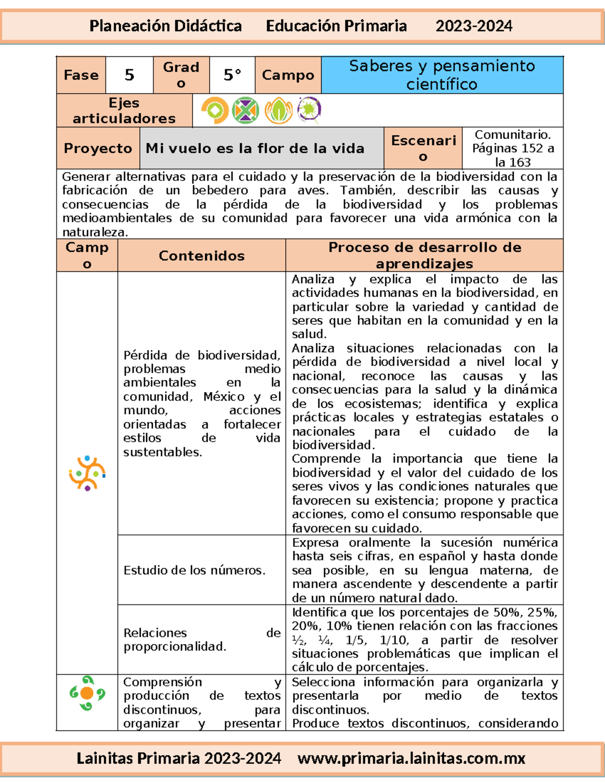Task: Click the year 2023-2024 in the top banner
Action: tap(473, 26)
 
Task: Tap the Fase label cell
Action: tap(81, 75)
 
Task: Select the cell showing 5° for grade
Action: tap(232, 75)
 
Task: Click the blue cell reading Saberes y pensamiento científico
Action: tap(442, 75)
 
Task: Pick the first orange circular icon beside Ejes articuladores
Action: tap(215, 110)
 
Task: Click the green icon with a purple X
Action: tap(246, 110)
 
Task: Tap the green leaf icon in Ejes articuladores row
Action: tap(278, 110)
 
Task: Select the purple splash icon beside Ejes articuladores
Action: tap(310, 110)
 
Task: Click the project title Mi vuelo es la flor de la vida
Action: tap(255, 148)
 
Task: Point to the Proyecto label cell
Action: tap(98, 148)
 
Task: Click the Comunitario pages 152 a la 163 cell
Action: tap(512, 148)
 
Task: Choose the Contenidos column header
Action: tap(202, 256)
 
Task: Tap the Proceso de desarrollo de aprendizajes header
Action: tap(425, 255)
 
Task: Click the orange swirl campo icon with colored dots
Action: tap(87, 473)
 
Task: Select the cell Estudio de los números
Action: tap(194, 570)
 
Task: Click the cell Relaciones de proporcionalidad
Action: tap(202, 639)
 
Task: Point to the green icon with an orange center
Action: tap(87, 693)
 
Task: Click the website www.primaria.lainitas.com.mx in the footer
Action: tap(411, 758)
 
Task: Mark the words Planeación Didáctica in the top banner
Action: tap(165, 26)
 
